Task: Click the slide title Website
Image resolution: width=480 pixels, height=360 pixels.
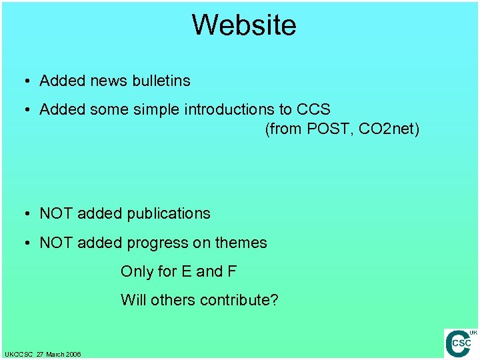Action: click(x=244, y=25)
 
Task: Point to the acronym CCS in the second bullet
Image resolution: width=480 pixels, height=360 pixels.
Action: click(x=313, y=109)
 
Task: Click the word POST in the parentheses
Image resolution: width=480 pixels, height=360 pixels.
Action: click(x=328, y=129)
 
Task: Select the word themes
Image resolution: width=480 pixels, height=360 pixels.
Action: click(x=241, y=243)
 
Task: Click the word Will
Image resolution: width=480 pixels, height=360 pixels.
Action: click(x=133, y=300)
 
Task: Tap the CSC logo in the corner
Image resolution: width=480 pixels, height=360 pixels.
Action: click(x=461, y=343)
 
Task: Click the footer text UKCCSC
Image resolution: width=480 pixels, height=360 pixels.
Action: click(x=17, y=354)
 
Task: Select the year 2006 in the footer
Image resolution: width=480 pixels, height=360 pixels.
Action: click(x=73, y=354)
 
